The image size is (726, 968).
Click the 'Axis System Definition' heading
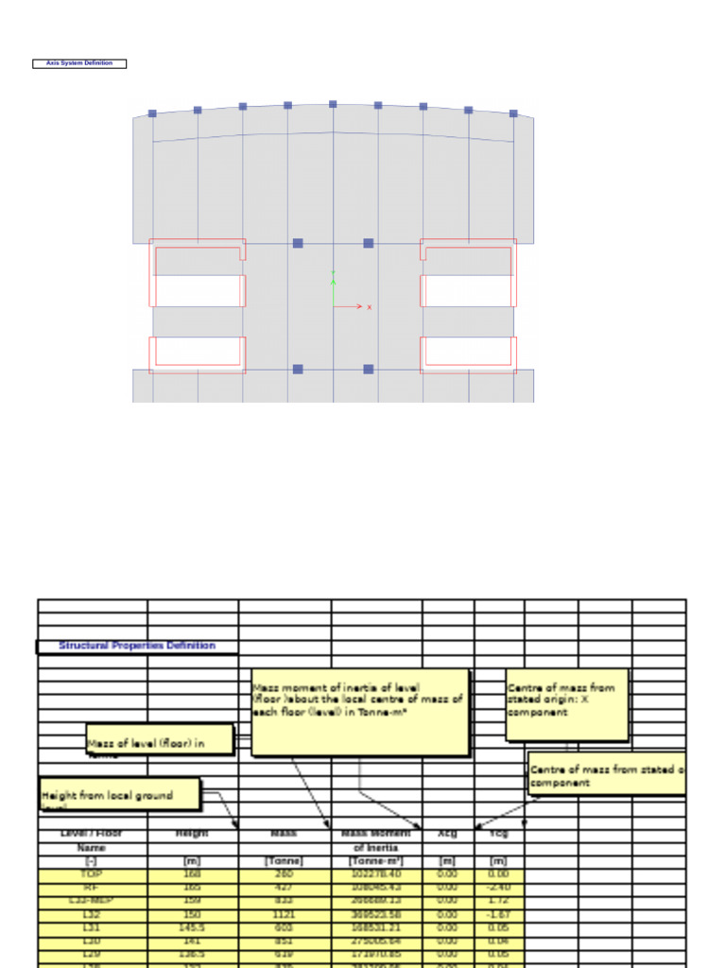(x=79, y=63)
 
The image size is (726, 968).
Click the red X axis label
(x=369, y=307)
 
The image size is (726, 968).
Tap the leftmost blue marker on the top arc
(x=152, y=113)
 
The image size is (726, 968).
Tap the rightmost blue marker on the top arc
(x=513, y=113)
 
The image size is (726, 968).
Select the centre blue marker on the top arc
(x=333, y=104)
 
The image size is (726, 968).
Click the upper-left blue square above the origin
(x=298, y=243)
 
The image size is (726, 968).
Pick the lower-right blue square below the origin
(x=369, y=369)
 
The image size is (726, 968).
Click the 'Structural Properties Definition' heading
(x=137, y=646)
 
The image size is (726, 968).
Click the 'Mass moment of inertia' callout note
(x=359, y=712)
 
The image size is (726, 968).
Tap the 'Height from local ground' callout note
(x=119, y=795)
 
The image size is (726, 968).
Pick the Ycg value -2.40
(x=499, y=889)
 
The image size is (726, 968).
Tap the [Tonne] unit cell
(x=284, y=861)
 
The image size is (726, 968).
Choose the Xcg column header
(x=447, y=835)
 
